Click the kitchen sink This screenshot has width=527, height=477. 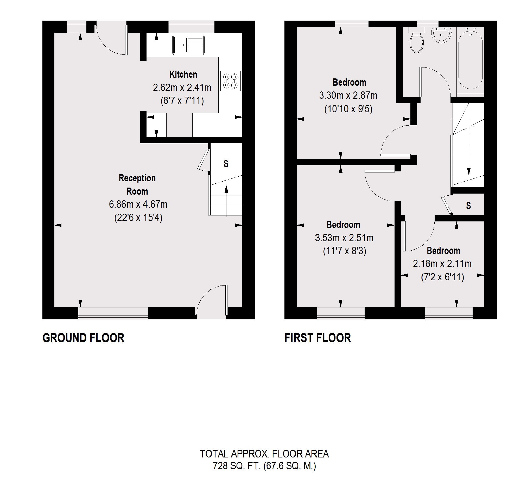pyautogui.click(x=188, y=45)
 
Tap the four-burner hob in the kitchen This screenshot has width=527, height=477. pyautogui.click(x=230, y=81)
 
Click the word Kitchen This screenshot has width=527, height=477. pyautogui.click(x=183, y=75)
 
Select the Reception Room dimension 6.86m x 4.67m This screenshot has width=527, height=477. pyautogui.click(x=138, y=204)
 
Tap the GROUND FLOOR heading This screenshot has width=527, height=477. pyautogui.click(x=83, y=338)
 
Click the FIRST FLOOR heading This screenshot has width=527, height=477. pyautogui.click(x=318, y=338)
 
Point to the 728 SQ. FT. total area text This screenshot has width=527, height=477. pyautogui.click(x=264, y=466)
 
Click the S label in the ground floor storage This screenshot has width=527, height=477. pyautogui.click(x=226, y=164)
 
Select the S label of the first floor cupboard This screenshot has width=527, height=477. pyautogui.click(x=468, y=206)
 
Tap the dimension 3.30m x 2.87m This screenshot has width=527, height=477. pyautogui.click(x=348, y=96)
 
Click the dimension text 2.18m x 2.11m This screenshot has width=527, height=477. pyautogui.click(x=442, y=264)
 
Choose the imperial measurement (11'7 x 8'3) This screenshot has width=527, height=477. pyautogui.click(x=345, y=251)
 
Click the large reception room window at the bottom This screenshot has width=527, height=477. pyautogui.click(x=113, y=313)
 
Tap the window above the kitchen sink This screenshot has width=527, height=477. pyautogui.click(x=191, y=27)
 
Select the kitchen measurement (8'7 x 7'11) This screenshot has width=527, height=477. pyautogui.click(x=182, y=101)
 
